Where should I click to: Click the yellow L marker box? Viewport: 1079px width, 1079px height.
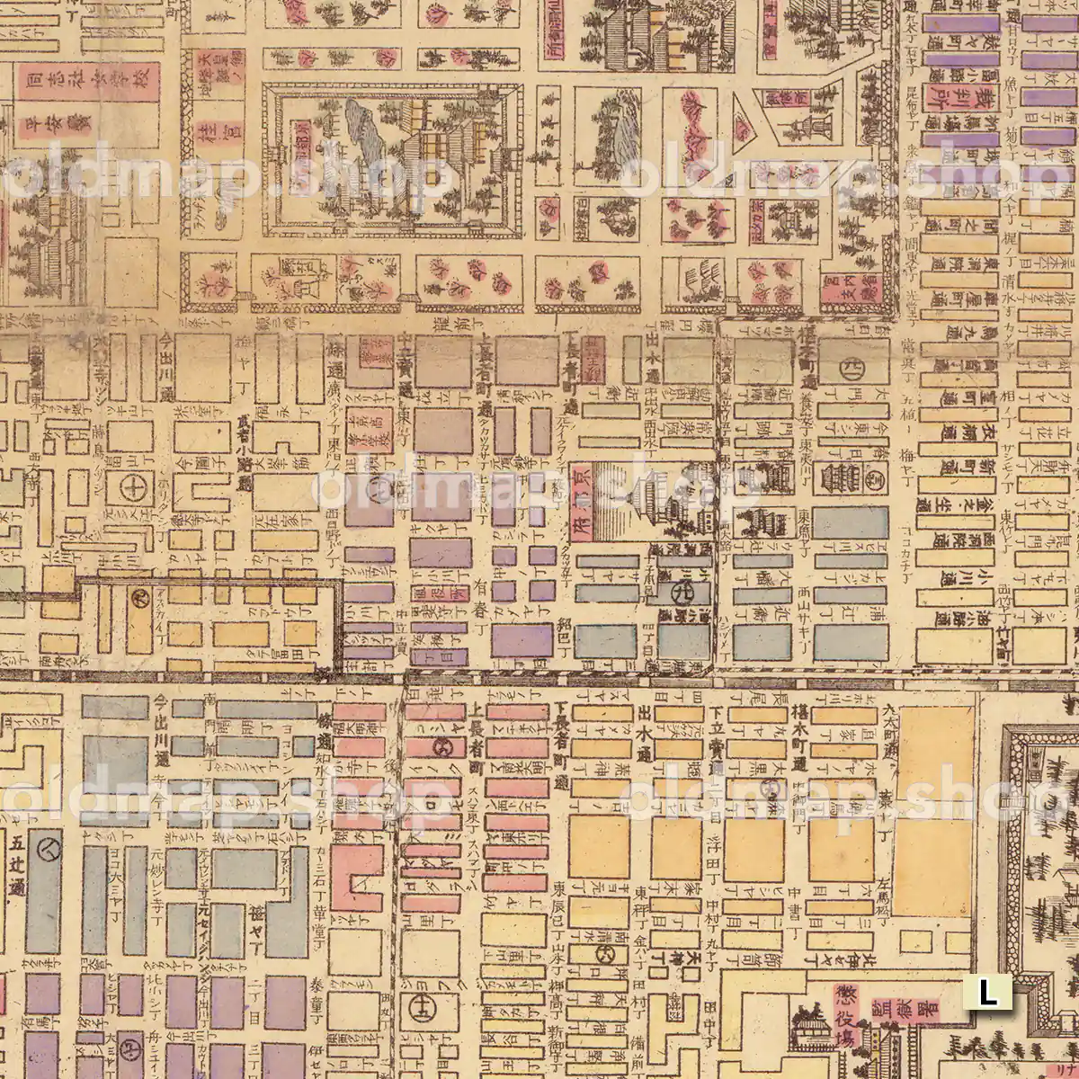(987, 993)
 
